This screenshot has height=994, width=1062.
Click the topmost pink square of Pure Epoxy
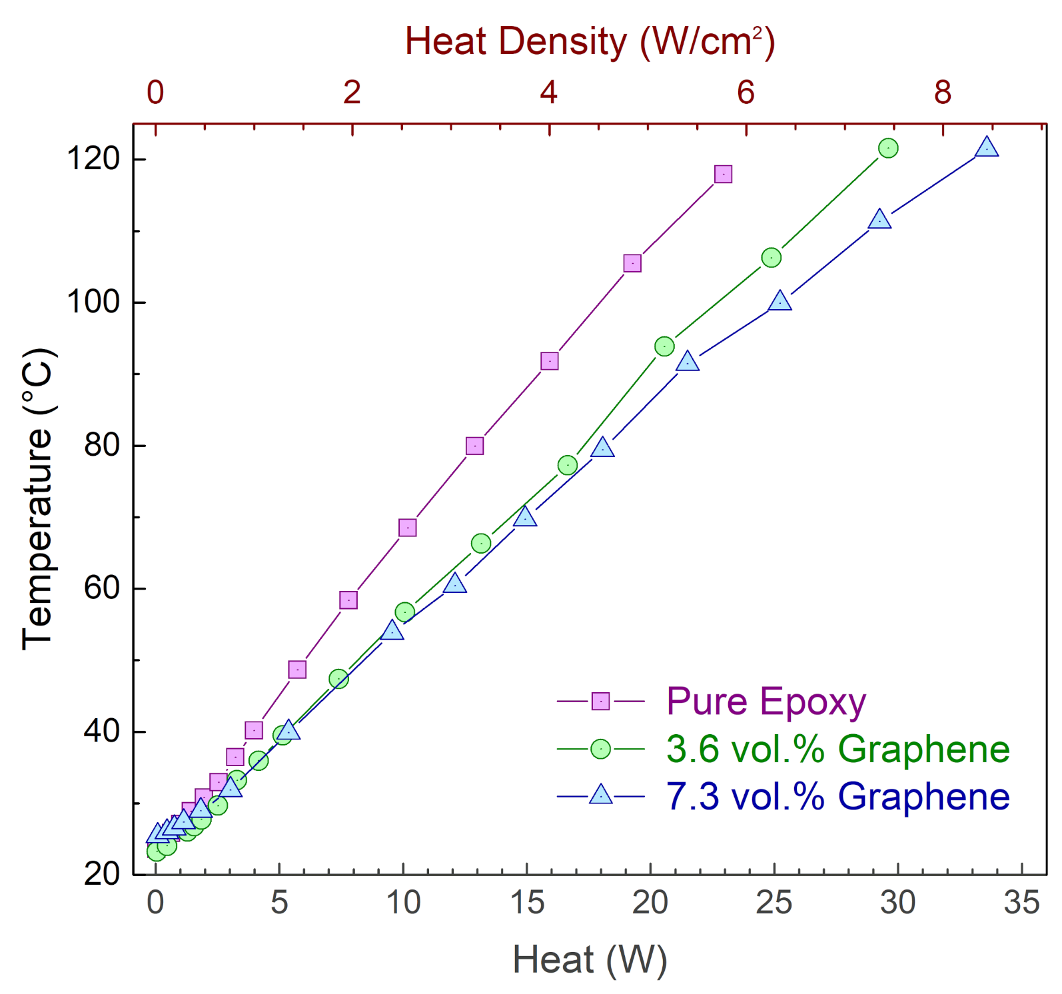(723, 175)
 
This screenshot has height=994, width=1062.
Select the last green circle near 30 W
(887, 148)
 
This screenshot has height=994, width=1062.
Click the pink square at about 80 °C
(474, 446)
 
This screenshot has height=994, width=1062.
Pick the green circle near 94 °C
(664, 346)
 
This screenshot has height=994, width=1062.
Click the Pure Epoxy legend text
(766, 702)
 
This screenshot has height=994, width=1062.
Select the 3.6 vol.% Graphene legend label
(837, 749)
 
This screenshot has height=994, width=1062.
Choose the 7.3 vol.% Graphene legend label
(837, 797)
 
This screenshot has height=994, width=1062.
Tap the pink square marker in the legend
(600, 702)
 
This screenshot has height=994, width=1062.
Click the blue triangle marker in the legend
(600, 795)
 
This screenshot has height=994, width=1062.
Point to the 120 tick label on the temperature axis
(93, 159)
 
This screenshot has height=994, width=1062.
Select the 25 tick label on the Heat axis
(774, 903)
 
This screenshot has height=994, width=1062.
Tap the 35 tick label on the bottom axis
(1021, 903)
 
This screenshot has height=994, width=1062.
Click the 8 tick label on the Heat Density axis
(942, 93)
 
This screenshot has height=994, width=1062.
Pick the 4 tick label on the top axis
(548, 93)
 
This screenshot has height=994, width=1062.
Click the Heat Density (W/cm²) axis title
(590, 42)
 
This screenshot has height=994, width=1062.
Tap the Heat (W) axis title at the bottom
(590, 960)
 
